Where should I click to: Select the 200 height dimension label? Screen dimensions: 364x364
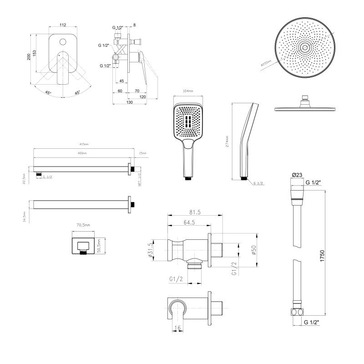tap(29, 56)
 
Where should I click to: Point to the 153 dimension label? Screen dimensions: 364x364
tap(40, 53)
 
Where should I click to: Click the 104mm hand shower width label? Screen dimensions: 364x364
tap(187, 91)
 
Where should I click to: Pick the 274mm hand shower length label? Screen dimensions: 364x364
tap(227, 142)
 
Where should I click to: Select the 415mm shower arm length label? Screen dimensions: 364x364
tap(83, 145)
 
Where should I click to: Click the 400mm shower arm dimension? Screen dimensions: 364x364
tap(83, 153)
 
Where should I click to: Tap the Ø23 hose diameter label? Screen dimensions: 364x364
tap(297, 175)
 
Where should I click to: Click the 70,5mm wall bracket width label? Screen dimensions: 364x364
tap(83, 225)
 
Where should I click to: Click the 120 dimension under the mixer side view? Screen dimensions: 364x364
tap(143, 97)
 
